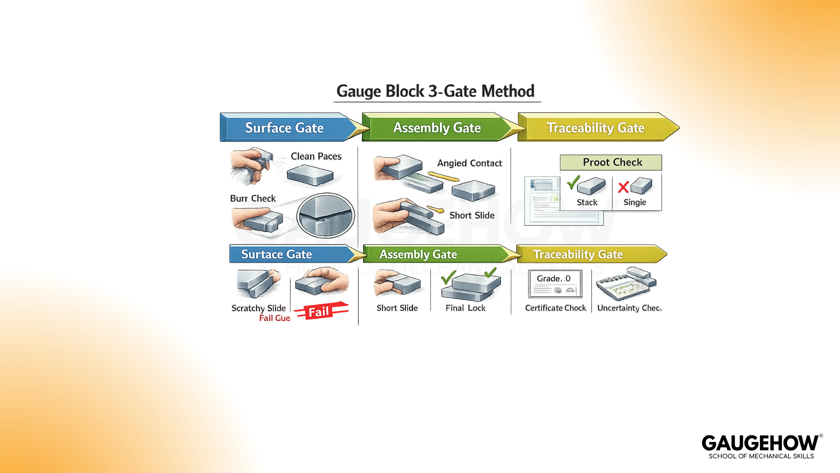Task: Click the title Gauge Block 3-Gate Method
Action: click(435, 91)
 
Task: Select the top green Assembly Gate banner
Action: click(437, 128)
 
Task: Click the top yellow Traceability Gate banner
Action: click(595, 128)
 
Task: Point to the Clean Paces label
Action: click(316, 156)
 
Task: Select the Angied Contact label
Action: click(469, 163)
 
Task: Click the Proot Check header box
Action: click(611, 162)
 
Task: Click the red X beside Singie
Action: click(623, 187)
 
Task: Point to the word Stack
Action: click(587, 202)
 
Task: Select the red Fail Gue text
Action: click(274, 318)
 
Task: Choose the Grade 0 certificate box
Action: click(555, 283)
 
